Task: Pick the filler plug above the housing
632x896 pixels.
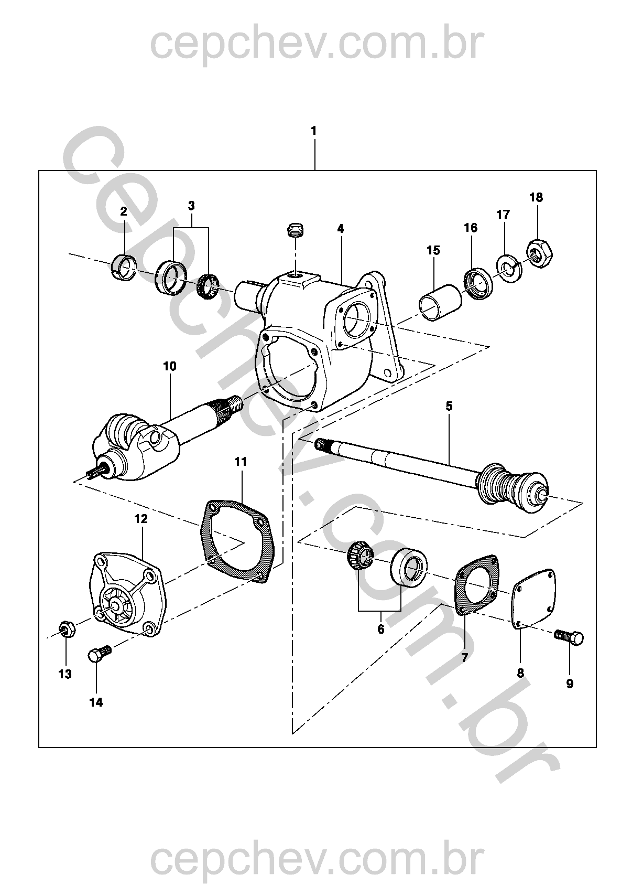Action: [297, 230]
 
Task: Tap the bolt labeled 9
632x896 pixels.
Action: [569, 638]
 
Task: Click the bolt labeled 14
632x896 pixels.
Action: [99, 653]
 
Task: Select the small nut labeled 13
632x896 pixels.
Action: [66, 628]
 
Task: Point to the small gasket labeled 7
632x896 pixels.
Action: [476, 584]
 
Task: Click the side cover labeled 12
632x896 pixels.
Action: [126, 593]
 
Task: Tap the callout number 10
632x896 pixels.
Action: [170, 366]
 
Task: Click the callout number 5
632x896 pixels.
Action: [449, 406]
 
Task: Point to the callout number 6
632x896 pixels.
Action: [380, 629]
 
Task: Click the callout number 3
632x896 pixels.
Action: [191, 206]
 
